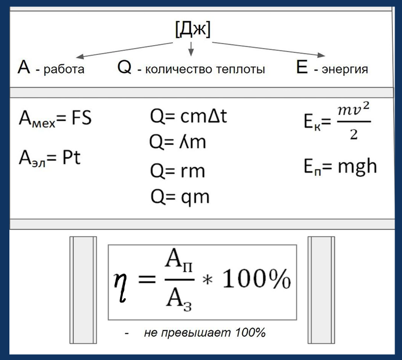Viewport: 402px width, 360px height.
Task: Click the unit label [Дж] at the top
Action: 193,29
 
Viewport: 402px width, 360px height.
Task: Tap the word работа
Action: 64,69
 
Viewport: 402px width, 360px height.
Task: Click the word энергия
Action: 345,69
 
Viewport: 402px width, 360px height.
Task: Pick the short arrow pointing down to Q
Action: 191,49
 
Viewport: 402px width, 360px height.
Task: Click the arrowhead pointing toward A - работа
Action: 80,57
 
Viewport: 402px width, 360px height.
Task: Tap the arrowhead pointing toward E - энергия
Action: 321,55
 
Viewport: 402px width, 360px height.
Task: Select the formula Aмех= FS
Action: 55,118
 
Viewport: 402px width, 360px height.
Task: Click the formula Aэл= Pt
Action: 50,158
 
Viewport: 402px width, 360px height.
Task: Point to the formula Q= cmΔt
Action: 188,116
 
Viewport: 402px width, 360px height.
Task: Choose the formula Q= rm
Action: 177,171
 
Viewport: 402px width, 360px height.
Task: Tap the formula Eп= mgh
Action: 340,166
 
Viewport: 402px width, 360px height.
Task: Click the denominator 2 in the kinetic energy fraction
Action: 353,134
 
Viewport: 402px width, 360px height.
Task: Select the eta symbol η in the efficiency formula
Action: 120,287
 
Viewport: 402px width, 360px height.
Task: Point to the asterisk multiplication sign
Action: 207,280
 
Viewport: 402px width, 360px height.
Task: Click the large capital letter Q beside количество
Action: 124,68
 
